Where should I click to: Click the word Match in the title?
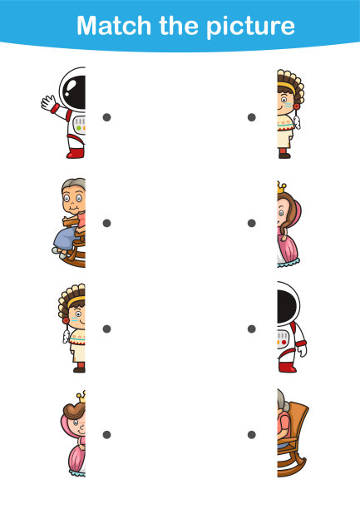(x=114, y=26)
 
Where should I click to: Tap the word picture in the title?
(x=250, y=27)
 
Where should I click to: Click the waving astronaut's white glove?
(x=48, y=102)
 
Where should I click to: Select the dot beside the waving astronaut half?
(x=106, y=117)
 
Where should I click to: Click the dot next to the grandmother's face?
(x=106, y=223)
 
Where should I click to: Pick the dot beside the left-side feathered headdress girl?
(x=106, y=329)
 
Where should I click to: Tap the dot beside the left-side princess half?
(x=106, y=435)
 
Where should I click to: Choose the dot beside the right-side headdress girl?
(x=252, y=117)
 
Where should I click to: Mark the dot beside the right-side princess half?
(x=252, y=223)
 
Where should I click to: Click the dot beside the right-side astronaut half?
(x=252, y=329)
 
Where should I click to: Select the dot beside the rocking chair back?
(x=252, y=435)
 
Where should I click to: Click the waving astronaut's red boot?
(x=76, y=153)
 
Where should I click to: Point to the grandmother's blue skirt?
(x=67, y=238)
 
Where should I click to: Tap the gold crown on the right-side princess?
(x=282, y=187)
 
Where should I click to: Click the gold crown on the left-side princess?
(x=81, y=397)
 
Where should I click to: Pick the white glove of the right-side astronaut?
(x=303, y=351)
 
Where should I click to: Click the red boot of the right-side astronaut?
(x=287, y=367)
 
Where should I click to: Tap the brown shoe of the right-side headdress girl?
(x=284, y=156)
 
